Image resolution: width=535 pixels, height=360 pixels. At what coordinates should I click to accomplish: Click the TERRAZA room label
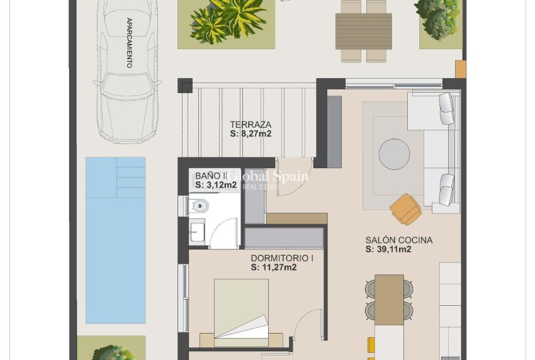click(251, 124)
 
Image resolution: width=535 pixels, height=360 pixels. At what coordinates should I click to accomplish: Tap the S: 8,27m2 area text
click(251, 133)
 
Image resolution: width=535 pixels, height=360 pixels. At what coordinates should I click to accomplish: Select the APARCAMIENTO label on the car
click(129, 43)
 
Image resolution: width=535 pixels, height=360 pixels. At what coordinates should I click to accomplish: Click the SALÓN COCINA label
click(399, 240)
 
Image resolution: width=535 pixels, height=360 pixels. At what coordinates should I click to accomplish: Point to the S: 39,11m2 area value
click(388, 249)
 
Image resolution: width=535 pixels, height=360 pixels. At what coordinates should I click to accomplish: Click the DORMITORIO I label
click(282, 258)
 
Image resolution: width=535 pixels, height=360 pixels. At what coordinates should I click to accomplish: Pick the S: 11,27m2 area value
click(274, 267)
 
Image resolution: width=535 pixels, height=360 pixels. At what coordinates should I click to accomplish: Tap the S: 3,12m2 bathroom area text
click(216, 185)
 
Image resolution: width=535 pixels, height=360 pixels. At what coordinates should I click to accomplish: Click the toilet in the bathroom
click(199, 205)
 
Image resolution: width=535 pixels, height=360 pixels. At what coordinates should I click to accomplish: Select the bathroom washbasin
click(196, 232)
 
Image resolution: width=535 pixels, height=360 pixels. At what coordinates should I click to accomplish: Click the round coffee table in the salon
click(394, 154)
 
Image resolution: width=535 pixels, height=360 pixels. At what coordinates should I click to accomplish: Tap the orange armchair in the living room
click(405, 208)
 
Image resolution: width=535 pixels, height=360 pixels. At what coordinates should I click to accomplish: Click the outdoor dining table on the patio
click(364, 31)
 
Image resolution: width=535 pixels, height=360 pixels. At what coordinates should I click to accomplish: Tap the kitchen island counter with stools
click(389, 300)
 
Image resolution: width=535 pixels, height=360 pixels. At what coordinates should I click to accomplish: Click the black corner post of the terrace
click(184, 86)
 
